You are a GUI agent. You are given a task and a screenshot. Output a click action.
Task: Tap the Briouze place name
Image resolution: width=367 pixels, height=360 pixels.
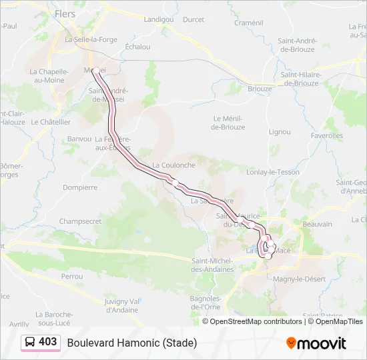coord(260,88)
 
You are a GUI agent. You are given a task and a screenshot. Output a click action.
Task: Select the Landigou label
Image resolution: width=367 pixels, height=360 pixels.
coord(158,19)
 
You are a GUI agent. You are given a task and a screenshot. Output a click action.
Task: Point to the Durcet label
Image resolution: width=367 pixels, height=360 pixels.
coord(194,19)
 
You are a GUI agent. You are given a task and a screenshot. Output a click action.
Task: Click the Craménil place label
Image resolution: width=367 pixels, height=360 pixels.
coord(249,23)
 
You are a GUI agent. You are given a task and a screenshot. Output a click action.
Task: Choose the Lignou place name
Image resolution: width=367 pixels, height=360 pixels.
coord(279,132)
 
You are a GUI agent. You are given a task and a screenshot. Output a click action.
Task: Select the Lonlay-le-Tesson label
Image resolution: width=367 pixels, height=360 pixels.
coord(273,172)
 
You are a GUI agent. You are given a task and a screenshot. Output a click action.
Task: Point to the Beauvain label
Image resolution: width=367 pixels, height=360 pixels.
coord(317,225)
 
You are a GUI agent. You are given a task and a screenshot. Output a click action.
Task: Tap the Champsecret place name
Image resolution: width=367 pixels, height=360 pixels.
coord(80,221)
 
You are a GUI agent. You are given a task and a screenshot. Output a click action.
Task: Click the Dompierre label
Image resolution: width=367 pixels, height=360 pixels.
coord(80,187)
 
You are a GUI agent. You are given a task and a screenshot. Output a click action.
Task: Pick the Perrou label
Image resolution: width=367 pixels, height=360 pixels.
coord(71,276)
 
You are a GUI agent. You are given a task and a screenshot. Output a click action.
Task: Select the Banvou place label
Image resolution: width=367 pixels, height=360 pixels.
coord(79,139)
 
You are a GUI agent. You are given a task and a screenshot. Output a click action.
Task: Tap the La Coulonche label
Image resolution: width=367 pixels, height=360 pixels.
coord(173,165)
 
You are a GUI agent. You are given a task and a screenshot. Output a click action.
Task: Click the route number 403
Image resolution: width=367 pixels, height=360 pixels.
coord(48,342)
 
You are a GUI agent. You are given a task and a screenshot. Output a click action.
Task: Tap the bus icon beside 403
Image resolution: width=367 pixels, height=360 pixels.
coord(31,342)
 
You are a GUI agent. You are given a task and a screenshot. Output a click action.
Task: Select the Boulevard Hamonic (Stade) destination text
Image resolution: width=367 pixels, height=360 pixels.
coord(131,343)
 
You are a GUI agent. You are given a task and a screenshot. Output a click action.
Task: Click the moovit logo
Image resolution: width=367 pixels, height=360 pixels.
coord(316,343)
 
